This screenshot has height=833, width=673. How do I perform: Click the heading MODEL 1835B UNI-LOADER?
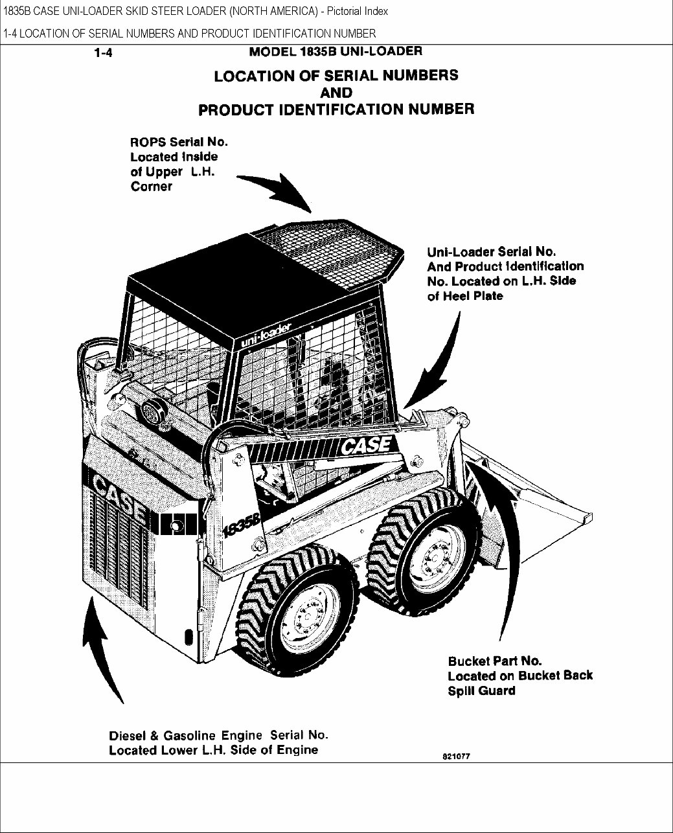[336, 51]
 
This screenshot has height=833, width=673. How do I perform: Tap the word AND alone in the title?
[336, 92]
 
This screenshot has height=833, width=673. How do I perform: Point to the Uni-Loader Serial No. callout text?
[505, 273]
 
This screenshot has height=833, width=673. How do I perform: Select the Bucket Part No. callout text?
[519, 676]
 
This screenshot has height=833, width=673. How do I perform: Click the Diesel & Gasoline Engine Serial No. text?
[218, 742]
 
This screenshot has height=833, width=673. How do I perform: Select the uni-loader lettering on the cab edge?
[269, 336]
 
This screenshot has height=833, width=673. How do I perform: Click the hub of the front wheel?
[430, 551]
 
